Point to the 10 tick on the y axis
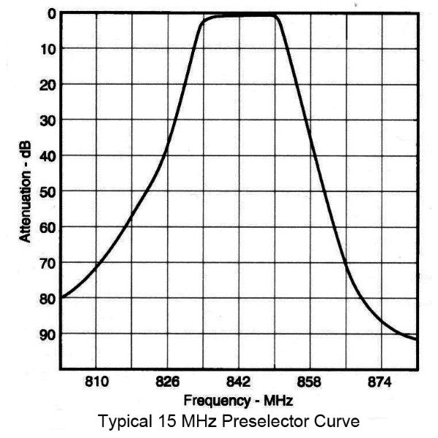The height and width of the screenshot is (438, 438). (45, 49)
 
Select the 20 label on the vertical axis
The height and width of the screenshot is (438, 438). (45, 85)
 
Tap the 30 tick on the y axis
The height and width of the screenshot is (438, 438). (45, 120)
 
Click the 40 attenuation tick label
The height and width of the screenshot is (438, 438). (45, 155)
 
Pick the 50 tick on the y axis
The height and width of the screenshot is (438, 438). (45, 191)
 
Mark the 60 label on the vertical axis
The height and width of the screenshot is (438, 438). (45, 227)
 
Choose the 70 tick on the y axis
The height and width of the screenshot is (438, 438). (45, 262)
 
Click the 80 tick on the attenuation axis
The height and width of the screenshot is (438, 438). (45, 298)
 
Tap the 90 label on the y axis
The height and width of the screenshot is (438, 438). (45, 334)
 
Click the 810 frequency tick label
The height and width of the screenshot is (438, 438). (96, 382)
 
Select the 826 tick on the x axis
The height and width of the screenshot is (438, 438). (168, 382)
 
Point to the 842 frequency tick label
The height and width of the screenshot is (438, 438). (239, 382)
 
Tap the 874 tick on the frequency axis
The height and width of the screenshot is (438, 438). (381, 382)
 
